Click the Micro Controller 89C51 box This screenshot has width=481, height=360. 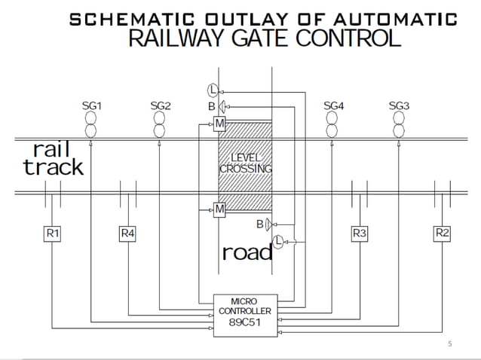pos(245,310)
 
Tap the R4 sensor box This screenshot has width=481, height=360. pos(128,233)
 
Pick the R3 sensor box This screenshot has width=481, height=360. pos(360,233)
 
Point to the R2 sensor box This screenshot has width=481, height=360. pos(443,233)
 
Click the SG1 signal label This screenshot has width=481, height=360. pos(91,106)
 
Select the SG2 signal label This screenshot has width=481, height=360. pos(161,106)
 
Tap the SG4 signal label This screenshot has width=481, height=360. pos(333,106)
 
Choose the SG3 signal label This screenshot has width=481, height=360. pos(399,106)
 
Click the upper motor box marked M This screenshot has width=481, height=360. pos(219,122)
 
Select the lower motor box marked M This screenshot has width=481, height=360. pos(219,209)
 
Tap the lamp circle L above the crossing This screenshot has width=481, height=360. pos(214,90)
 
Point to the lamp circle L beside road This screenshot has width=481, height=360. pos(278,241)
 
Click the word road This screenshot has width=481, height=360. pos(247,252)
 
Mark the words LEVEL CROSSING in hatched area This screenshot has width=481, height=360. pos(245,163)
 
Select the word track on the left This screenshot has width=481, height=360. pos(53,167)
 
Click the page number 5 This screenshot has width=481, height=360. pos(450,344)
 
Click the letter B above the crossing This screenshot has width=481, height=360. pos(211,107)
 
